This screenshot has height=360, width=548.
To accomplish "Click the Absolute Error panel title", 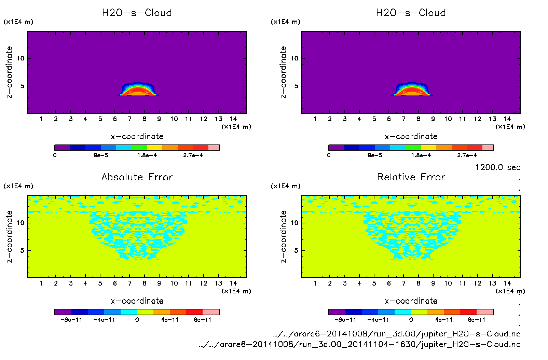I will (x=137, y=177).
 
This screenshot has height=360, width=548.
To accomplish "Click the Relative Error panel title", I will (x=411, y=177).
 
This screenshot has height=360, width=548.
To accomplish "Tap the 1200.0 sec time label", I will (x=498, y=167).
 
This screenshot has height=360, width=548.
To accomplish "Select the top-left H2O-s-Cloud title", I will (x=137, y=13).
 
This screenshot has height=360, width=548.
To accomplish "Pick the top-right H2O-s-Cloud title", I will (x=411, y=13).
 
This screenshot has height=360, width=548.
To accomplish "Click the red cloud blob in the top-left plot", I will (x=138, y=91).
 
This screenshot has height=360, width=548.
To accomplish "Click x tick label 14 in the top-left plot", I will (x=233, y=119).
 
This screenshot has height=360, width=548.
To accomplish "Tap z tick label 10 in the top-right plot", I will (x=294, y=58).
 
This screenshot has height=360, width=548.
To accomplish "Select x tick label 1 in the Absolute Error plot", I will (x=41, y=283).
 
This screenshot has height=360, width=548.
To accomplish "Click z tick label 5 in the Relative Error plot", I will (x=296, y=250).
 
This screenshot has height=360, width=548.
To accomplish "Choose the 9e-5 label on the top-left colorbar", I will (x=101, y=155).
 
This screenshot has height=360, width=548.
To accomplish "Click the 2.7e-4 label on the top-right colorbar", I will (x=467, y=155).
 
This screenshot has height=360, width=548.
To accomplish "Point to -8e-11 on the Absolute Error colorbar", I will (x=71, y=320).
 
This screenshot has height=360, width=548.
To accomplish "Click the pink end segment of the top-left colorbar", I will (x=214, y=148).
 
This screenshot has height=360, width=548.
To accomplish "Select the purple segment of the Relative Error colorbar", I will (x=337, y=312).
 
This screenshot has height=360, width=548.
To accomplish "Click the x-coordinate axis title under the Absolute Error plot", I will (x=137, y=301).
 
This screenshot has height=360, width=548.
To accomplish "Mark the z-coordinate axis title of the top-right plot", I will (x=283, y=72).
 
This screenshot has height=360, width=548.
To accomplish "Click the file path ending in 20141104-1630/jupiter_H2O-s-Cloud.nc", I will (x=359, y=344).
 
